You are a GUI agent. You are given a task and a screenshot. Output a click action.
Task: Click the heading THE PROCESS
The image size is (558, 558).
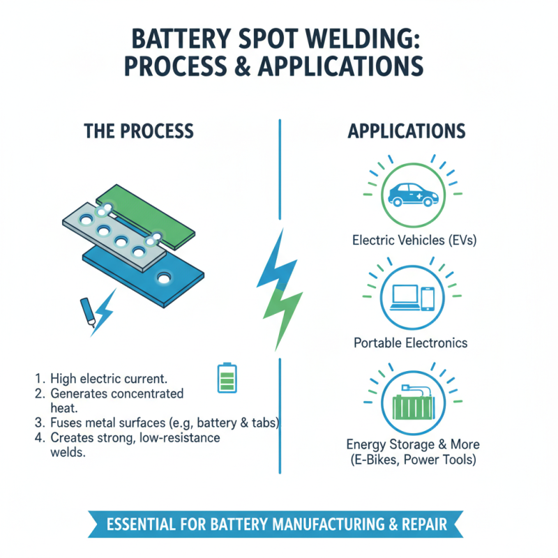point(139,131)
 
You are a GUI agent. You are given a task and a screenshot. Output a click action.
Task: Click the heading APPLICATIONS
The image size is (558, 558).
point(407,131)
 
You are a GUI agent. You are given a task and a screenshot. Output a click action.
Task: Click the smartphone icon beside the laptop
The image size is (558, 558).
point(428,298)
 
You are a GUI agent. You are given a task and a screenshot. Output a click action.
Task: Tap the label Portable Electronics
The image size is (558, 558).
point(411,342)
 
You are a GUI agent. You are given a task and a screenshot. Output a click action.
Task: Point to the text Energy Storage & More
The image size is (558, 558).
point(413,444)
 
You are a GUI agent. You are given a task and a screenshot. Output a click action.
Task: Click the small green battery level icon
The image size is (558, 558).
point(227,377)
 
